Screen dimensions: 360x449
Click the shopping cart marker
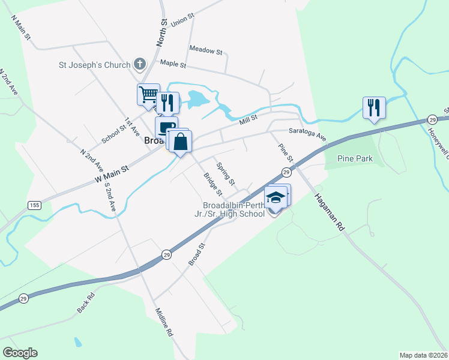pyautogui.click(x=148, y=94)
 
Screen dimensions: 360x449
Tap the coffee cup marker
pyautogui.click(x=166, y=127)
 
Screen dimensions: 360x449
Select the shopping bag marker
pyautogui.click(x=181, y=142)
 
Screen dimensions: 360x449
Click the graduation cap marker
pyautogui.click(x=276, y=197)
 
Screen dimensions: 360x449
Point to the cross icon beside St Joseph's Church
pyautogui.click(x=140, y=63)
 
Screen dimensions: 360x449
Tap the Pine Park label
pyautogui.click(x=355, y=158)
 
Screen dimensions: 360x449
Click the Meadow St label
pyautogui.click(x=205, y=50)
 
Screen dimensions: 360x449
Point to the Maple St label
pyautogui.click(x=173, y=64)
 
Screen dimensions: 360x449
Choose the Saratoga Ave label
pyautogui.click(x=307, y=134)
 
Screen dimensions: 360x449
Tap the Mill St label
pyautogui.click(x=248, y=120)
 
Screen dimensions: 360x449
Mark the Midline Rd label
pyautogui.click(x=164, y=322)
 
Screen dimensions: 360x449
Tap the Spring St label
pyautogui.click(x=226, y=173)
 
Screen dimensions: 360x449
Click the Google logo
pyautogui.click(x=20, y=353)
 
